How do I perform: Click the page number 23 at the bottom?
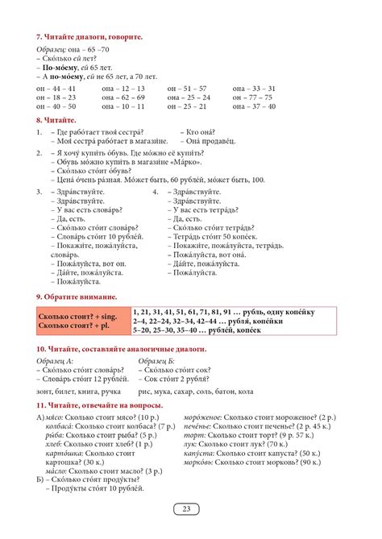pyautogui.click(x=186, y=508)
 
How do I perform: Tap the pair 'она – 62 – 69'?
pyautogui.click(x=124, y=97)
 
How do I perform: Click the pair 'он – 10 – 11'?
pyautogui.click(x=123, y=106)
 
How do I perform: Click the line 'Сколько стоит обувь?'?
pyautogui.click(x=87, y=171)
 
